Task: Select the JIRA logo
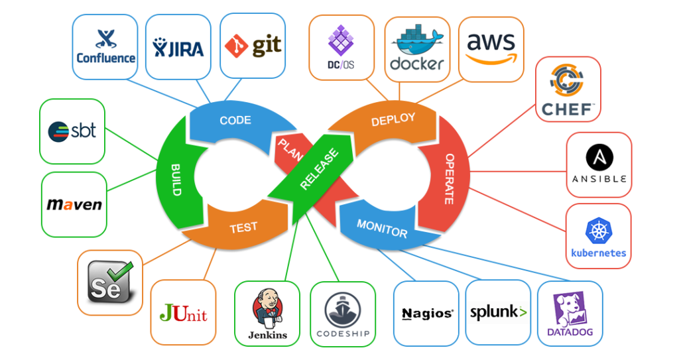coord(178,47)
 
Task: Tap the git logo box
coord(253,46)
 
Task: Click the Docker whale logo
coord(416,49)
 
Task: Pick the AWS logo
coord(491,48)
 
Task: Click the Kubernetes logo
coord(598,237)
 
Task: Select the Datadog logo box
coord(570,314)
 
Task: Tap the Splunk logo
coord(498,313)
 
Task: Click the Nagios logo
coord(426,314)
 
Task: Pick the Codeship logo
coord(342,314)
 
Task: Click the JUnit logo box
coord(183,312)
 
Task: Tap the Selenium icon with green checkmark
coord(110,282)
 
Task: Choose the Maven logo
coord(74,204)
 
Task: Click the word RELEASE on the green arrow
coord(319,168)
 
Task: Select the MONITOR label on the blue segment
coord(382,228)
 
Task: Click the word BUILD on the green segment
coord(176,178)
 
